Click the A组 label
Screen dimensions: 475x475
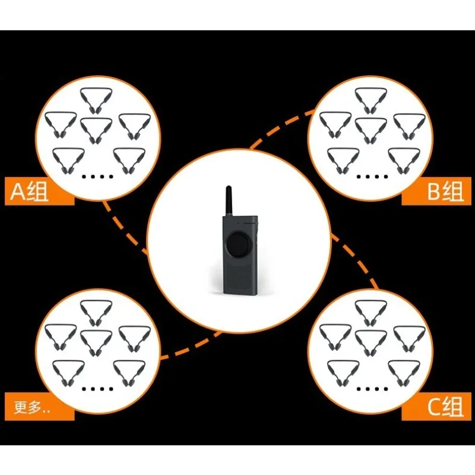click(29, 192)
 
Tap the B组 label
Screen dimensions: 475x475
click(445, 192)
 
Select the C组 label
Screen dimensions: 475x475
click(445, 407)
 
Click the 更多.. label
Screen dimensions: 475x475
click(32, 407)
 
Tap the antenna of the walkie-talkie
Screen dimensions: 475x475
click(229, 201)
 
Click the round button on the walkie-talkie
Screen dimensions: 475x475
click(239, 245)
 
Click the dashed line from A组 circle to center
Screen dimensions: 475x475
click(124, 229)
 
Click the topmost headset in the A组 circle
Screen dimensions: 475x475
click(96, 100)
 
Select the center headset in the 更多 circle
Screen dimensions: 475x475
click(96, 343)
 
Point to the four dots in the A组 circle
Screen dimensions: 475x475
click(97, 176)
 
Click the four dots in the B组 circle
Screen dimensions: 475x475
click(372, 176)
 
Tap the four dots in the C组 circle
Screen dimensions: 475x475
click(372, 389)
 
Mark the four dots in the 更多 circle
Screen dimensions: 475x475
click(97, 389)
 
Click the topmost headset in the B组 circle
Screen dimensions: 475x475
click(370, 100)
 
